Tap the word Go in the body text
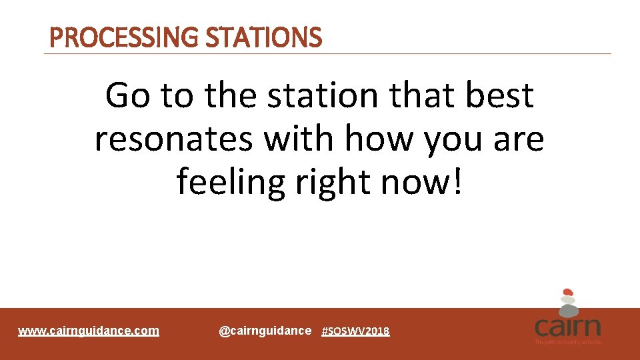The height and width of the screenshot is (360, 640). point(128,95)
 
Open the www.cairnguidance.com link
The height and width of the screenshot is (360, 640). point(89,331)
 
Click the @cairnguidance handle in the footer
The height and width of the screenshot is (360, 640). point(265,331)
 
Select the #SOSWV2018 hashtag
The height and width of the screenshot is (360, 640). point(355,331)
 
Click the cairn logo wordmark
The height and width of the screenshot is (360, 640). point(567,327)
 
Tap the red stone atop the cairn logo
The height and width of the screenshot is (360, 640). point(567,292)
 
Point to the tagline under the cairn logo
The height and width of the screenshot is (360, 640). point(567,342)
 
